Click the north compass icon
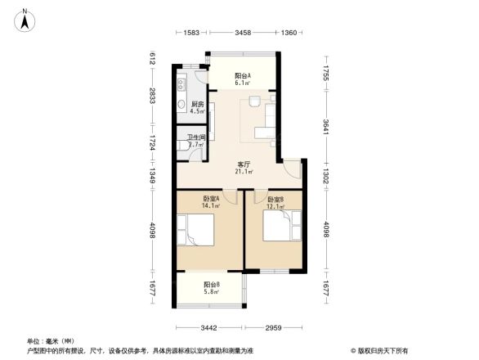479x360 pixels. [x=25, y=19]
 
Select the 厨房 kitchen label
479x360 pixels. [x=197, y=107]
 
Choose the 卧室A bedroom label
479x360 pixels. [x=211, y=201]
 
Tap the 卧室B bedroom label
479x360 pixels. [x=275, y=202]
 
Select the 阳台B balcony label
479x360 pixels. [x=212, y=288]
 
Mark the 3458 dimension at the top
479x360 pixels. [x=243, y=33]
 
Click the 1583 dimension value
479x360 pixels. [x=191, y=33]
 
